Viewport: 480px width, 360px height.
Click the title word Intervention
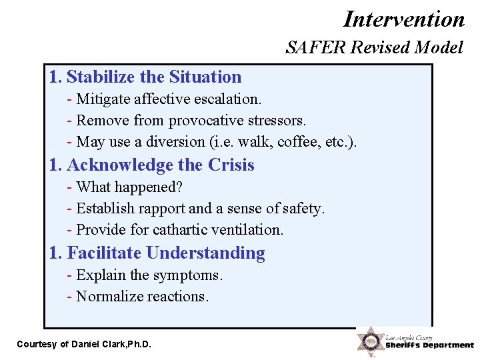point(404,18)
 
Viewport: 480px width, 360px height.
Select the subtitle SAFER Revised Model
point(373,47)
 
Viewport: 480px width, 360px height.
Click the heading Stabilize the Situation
point(145,77)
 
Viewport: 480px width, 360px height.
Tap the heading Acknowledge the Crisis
point(152,165)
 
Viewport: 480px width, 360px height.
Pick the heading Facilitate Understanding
point(157,253)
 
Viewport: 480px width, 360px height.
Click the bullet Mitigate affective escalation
point(165,99)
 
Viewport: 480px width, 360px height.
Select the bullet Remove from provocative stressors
point(187,121)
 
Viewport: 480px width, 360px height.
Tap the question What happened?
point(125,187)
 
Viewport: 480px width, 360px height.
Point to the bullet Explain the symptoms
point(145,275)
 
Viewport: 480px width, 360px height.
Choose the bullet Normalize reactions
point(138,296)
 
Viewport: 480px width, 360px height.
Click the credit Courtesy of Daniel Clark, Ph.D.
point(84,344)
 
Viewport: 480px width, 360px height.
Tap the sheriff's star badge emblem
point(369,341)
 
